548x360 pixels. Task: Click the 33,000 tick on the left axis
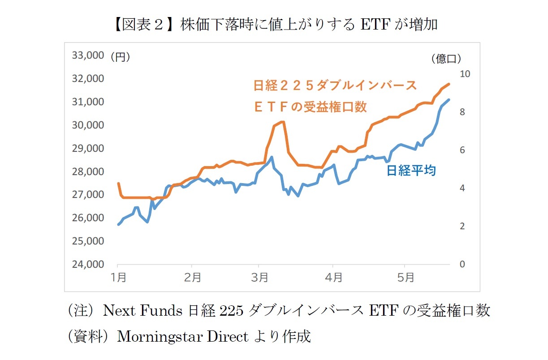[88, 56]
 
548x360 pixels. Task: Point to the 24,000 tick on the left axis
[88, 264]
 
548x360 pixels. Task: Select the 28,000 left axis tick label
[88, 171]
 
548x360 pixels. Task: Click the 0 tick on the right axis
[462, 265]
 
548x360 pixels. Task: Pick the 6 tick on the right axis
[462, 150]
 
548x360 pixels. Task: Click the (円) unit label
[120, 57]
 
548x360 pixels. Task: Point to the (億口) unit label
[446, 59]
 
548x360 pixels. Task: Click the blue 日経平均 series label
[411, 171]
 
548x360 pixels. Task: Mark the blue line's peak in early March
[272, 157]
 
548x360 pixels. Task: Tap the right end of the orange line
[449, 84]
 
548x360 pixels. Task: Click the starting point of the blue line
[118, 224]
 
